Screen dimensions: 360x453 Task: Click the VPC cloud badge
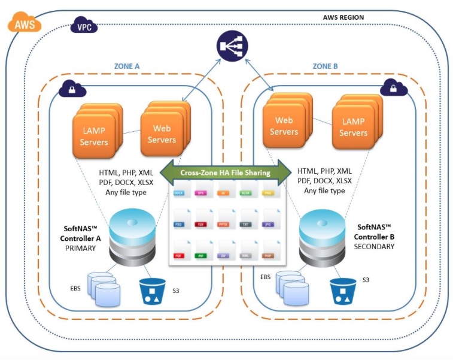[83, 26]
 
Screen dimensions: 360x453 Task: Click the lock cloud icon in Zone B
[394, 89]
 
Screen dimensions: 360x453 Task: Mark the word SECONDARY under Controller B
[375, 246]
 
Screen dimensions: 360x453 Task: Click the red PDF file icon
[178, 250]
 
